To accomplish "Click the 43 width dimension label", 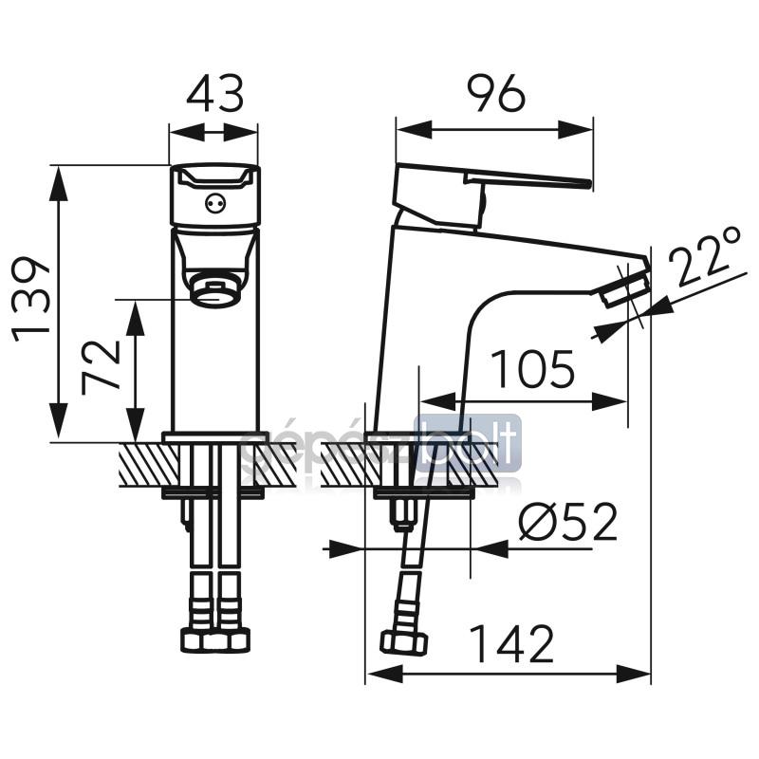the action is tap(215, 93).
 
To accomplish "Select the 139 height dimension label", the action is tap(31, 300).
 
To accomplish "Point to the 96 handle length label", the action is tap(496, 93).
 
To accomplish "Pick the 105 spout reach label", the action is tap(533, 368).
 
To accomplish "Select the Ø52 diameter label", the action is tap(568, 522).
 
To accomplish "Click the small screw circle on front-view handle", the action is tap(215, 203).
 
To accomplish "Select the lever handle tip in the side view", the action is tap(587, 183).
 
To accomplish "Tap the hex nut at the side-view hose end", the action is tap(404, 642).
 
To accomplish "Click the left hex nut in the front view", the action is tap(192, 639).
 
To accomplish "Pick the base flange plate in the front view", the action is tap(216, 437).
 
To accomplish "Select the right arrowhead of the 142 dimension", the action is tap(633, 674).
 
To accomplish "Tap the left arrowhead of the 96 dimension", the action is tap(414, 130).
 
